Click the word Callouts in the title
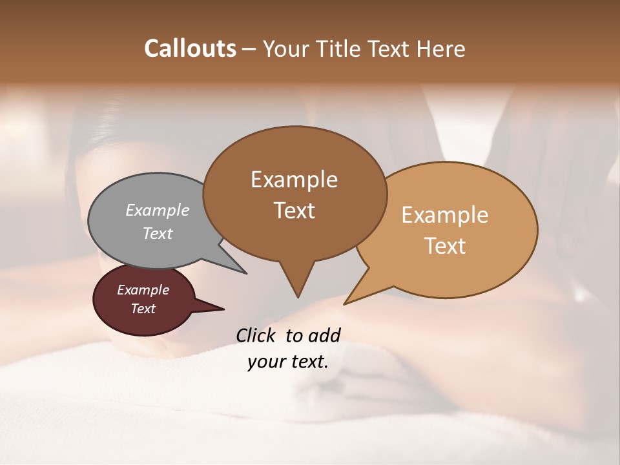click(x=190, y=48)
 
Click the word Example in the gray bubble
click(x=158, y=210)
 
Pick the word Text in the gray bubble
click(x=158, y=233)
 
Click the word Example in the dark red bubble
click(x=143, y=290)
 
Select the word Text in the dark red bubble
click(x=143, y=309)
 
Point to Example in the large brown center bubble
click(x=294, y=180)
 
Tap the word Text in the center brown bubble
click(x=294, y=211)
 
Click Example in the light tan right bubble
click(x=445, y=215)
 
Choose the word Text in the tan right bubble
click(x=445, y=246)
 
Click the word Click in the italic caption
click(x=256, y=335)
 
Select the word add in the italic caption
click(x=324, y=335)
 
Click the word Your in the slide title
click(x=285, y=48)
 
